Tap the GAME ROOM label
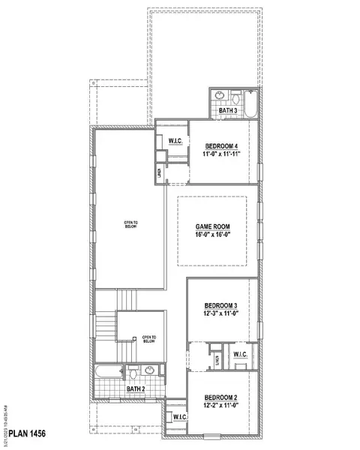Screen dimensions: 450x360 (x=212, y=225)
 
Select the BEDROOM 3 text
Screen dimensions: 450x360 (x=221, y=305)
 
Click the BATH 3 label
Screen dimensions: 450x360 (x=228, y=111)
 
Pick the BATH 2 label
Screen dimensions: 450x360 (x=135, y=389)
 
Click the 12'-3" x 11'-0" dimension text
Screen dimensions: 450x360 (x=221, y=316)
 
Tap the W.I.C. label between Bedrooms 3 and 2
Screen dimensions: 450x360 (x=241, y=354)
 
